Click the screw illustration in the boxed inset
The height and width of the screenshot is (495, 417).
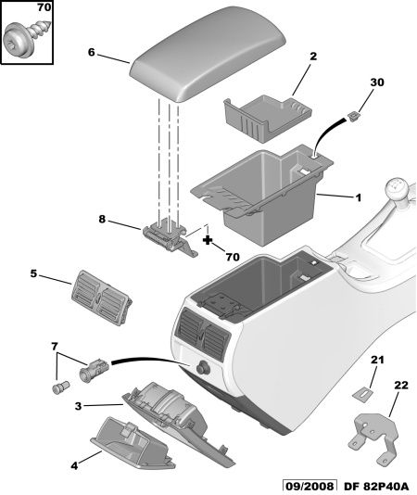click(26, 38)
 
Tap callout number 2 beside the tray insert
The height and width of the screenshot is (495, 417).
click(313, 57)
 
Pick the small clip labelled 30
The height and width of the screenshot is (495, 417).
click(353, 117)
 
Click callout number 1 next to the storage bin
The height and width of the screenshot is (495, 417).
click(358, 198)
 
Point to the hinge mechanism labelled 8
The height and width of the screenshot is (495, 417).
click(171, 238)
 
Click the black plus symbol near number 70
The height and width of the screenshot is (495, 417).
click(208, 240)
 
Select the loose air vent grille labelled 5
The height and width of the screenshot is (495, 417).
click(102, 298)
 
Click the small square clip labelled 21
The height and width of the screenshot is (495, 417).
click(362, 394)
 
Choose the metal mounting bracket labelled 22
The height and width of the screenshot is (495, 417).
click(373, 439)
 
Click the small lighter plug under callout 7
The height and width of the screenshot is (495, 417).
click(60, 387)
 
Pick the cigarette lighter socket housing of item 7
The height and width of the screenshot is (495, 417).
click(95, 370)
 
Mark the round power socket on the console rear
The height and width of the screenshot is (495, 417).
click(201, 368)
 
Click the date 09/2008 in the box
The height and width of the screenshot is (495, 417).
click(309, 487)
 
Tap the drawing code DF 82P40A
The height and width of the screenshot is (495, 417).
click(375, 487)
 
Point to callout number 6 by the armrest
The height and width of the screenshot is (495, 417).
click(91, 52)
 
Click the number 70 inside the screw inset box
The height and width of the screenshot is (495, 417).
click(44, 7)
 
